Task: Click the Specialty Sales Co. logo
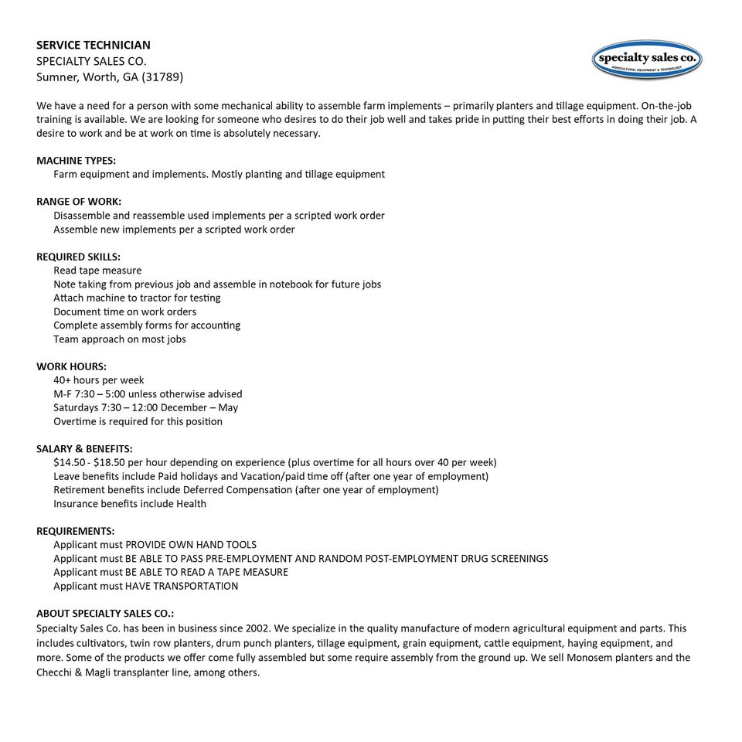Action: pos(647,60)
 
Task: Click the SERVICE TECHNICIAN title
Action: pos(94,45)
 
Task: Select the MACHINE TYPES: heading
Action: pos(77,160)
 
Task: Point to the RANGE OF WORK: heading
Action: pos(79,201)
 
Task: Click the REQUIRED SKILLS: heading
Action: pos(79,257)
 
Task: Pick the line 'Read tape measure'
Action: pos(97,271)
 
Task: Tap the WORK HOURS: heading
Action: pos(72,366)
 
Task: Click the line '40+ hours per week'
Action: pos(99,380)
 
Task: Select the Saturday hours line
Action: pos(145,407)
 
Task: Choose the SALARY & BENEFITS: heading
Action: pos(84,448)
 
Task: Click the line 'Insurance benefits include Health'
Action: pos(130,504)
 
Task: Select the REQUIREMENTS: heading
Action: pos(76,531)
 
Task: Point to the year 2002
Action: pos(257,628)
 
